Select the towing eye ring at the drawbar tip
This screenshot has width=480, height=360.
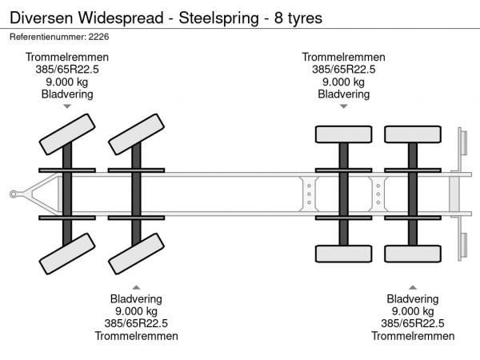click(x=15, y=193)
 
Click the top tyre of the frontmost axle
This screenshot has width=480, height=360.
click(x=67, y=133)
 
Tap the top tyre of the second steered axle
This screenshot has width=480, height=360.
click(x=136, y=133)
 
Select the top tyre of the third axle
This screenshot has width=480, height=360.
click(x=343, y=134)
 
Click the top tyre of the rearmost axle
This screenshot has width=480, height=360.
click(x=413, y=134)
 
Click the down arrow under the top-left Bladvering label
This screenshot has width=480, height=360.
click(x=67, y=106)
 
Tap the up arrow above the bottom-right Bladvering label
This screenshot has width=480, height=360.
click(x=413, y=286)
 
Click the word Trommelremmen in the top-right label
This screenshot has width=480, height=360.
click(x=343, y=57)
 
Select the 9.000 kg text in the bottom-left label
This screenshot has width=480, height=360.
click(x=136, y=311)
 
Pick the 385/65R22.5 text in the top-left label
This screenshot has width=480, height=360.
click(x=67, y=69)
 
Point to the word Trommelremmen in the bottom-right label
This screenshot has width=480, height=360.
click(x=413, y=335)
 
